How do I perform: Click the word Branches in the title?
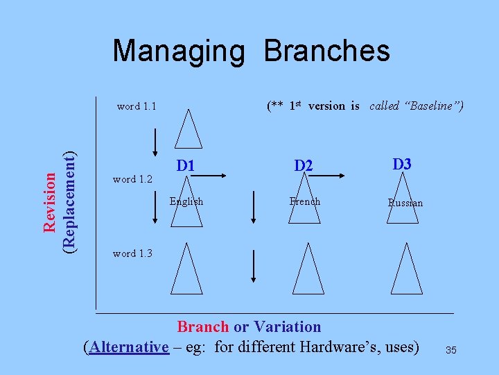point(327,51)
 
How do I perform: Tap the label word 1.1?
point(137,106)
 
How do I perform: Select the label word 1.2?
point(132,179)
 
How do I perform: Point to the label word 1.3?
point(132,253)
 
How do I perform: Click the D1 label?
point(185,166)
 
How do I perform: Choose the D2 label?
point(304,166)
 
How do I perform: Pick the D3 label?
point(402,165)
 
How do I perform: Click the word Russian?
point(405,203)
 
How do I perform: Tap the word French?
point(305,201)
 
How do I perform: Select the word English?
point(186,201)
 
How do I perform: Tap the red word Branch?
point(203,326)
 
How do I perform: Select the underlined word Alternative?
point(129,346)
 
